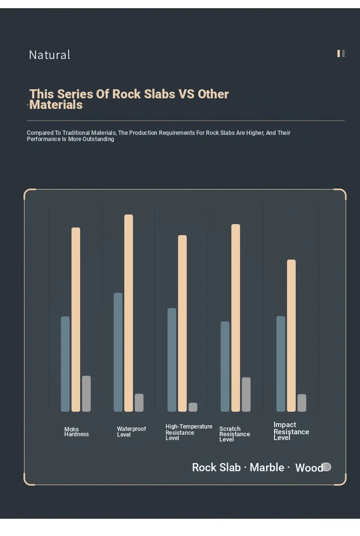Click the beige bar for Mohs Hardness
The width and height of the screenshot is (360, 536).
tap(76, 319)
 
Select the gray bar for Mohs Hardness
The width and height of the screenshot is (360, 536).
tap(86, 393)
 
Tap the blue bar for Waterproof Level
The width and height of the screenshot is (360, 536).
tap(118, 352)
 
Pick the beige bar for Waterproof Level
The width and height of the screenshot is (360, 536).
tap(129, 313)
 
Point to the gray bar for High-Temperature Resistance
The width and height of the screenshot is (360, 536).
tap(193, 407)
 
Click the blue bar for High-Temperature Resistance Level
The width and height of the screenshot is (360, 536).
tap(172, 359)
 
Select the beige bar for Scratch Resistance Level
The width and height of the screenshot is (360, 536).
tap(236, 318)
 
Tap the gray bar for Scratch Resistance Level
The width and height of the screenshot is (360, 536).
tap(246, 394)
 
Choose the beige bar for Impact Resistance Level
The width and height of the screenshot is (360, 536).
tap(291, 335)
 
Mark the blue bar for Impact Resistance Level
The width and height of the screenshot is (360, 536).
tap(281, 363)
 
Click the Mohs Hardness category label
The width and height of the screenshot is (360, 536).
tap(76, 432)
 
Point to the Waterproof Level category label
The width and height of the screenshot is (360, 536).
tap(131, 432)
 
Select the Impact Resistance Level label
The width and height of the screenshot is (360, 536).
tap(291, 431)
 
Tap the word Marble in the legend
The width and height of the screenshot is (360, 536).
tap(267, 467)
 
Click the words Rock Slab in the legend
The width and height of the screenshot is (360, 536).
tap(216, 467)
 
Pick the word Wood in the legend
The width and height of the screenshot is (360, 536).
tap(309, 468)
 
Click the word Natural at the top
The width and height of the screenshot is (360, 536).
tap(49, 55)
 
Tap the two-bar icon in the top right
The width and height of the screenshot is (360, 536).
tap(341, 53)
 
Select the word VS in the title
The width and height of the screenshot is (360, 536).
tap(186, 94)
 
